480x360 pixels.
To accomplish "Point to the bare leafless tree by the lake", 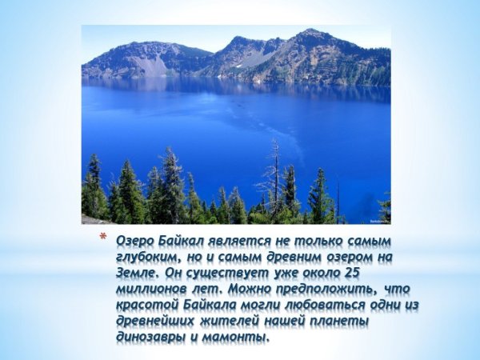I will [x=274, y=172].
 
